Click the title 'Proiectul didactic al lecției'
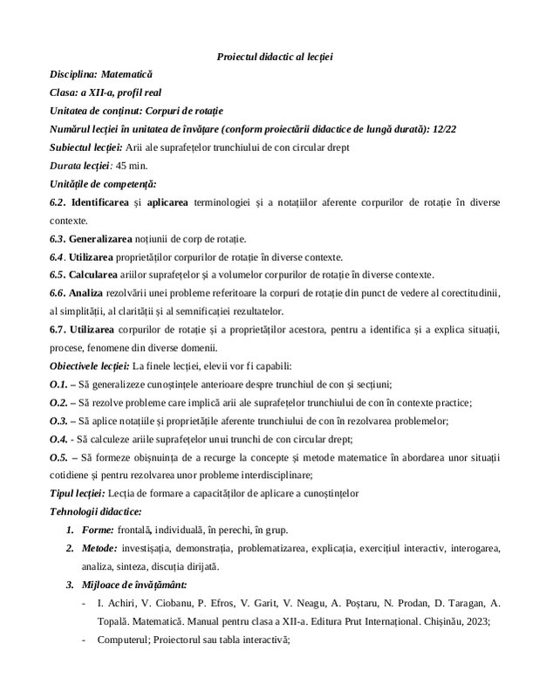pyautogui.click(x=275, y=57)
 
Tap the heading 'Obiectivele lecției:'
pyautogui.click(x=91, y=366)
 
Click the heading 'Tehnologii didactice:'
pyautogui.click(x=95, y=511)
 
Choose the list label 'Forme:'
pyautogui.click(x=100, y=530)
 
